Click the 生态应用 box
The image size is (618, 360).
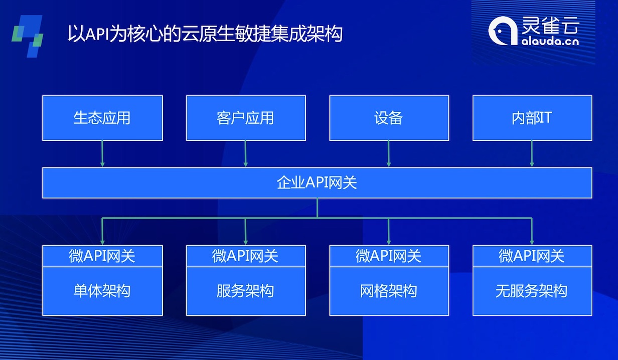pos(102,118)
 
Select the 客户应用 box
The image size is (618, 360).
pos(246,118)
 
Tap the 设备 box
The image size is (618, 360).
pos(389,118)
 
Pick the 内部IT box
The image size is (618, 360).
pos(532,118)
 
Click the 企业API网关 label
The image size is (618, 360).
pos(317,183)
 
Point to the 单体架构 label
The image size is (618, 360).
pos(102,291)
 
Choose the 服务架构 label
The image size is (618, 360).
pos(246,291)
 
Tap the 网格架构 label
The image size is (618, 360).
pos(389,291)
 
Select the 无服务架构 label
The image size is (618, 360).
pos(532,291)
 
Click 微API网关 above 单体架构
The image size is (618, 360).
pos(102,256)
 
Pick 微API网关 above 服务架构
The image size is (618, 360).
pos(246,256)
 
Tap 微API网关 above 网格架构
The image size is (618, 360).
pos(389,256)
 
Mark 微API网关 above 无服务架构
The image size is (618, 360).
pos(532,256)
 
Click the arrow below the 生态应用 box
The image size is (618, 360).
pos(102,153)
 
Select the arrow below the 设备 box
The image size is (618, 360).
pos(389,153)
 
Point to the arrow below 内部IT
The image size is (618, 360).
pos(532,153)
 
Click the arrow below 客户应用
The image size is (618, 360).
pos(246,153)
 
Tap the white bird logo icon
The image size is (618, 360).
pos(503,30)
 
